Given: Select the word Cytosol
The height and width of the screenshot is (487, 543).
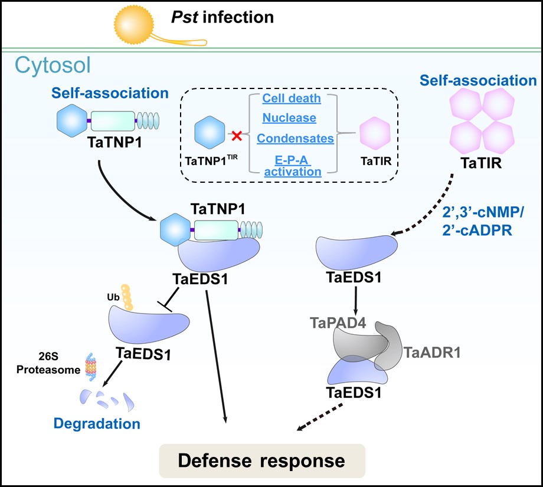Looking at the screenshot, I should pos(53,65).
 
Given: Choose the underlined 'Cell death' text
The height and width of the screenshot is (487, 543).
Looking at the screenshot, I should pos(292,98).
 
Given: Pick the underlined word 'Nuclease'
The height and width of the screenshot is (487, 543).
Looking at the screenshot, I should pos(289,118).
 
